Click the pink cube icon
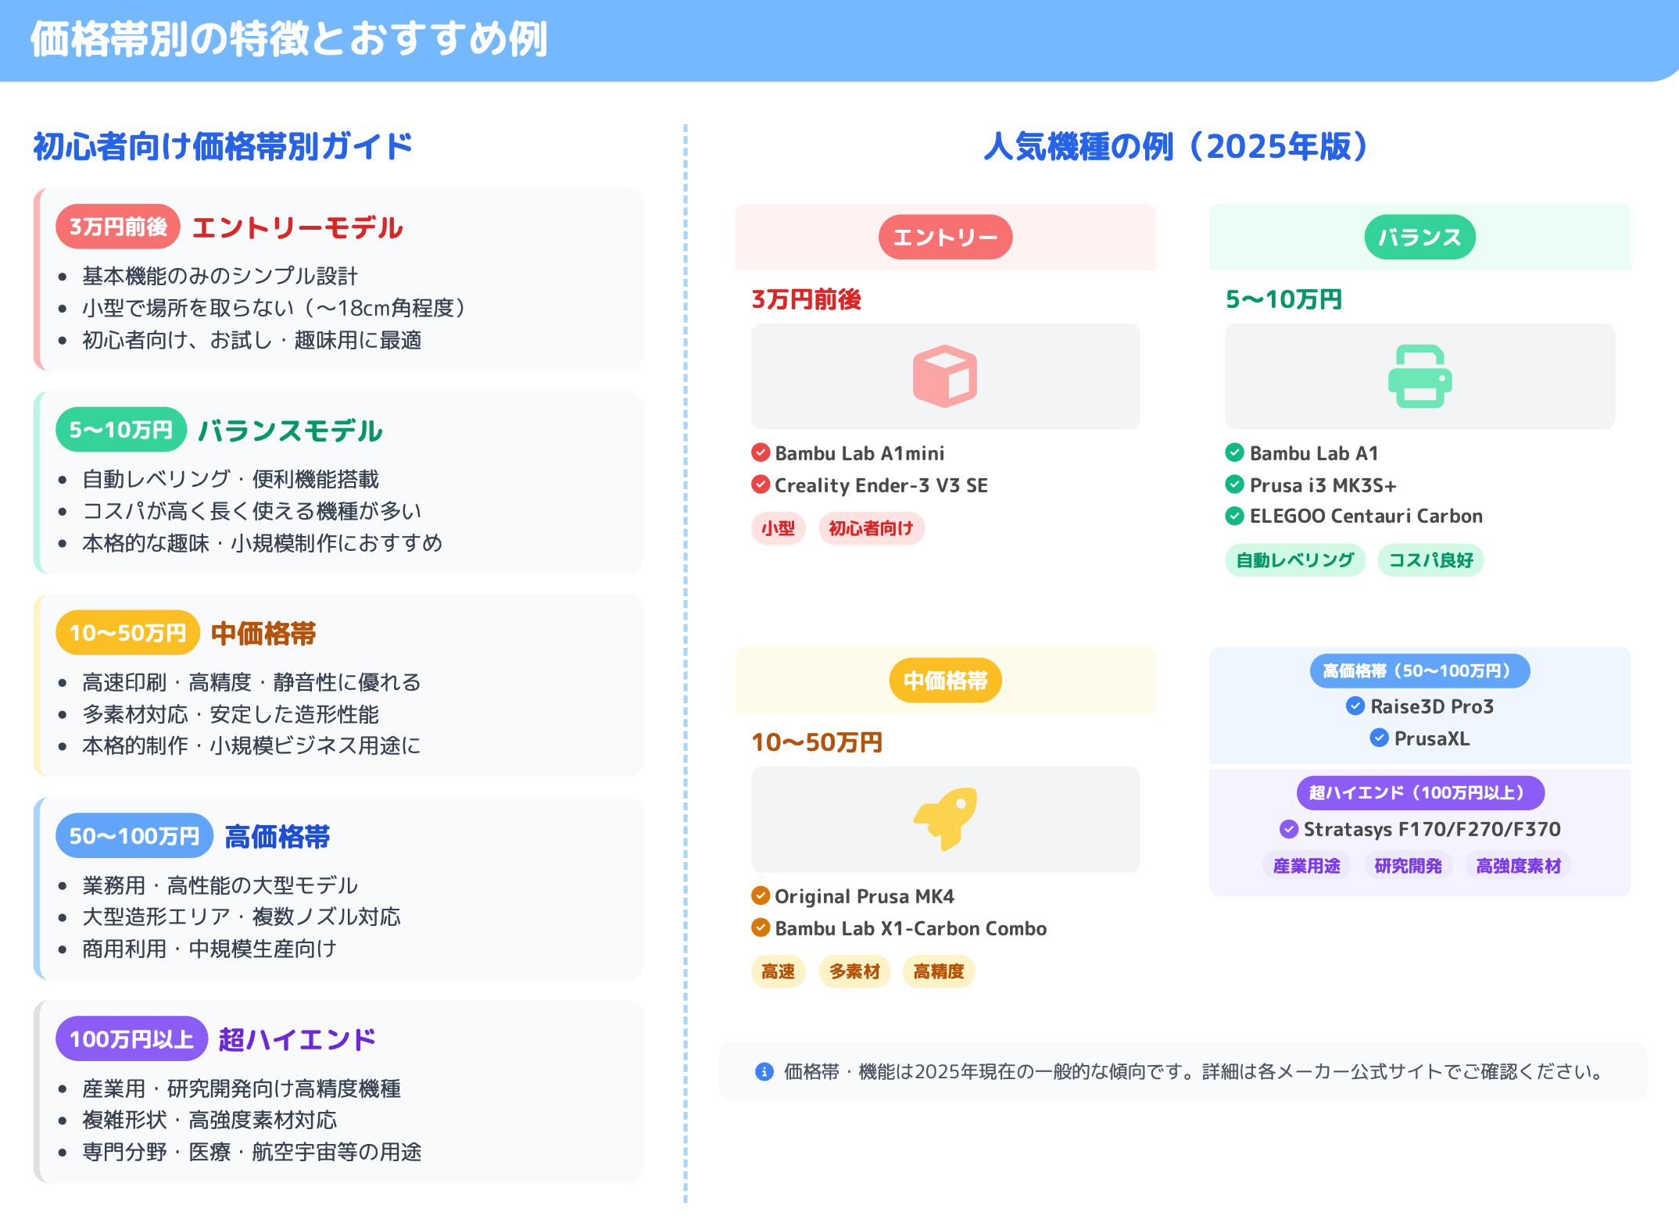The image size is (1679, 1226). click(944, 376)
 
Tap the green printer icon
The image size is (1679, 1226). click(1419, 376)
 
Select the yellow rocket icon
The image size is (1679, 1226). click(946, 818)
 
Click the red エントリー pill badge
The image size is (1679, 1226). click(945, 237)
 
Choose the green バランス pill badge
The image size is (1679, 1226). click(1419, 237)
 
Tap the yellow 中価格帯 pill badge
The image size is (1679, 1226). click(945, 681)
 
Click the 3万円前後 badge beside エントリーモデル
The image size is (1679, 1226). click(118, 227)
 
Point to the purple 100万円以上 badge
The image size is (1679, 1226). click(131, 1038)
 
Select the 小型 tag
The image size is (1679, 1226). click(778, 528)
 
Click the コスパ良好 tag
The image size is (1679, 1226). click(1430, 560)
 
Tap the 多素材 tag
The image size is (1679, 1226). click(854, 971)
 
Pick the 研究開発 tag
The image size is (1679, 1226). click(1408, 866)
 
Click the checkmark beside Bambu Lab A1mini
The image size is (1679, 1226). click(761, 452)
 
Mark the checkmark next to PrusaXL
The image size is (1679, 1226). click(1379, 738)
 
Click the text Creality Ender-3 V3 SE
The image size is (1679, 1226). click(881, 485)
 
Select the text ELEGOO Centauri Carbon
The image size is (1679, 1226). click(1366, 516)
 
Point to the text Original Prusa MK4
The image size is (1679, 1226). click(864, 896)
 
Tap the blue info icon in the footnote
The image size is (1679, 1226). click(764, 1071)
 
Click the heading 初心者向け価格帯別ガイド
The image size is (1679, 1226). click(223, 146)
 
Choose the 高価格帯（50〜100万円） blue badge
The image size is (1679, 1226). click(1419, 670)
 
